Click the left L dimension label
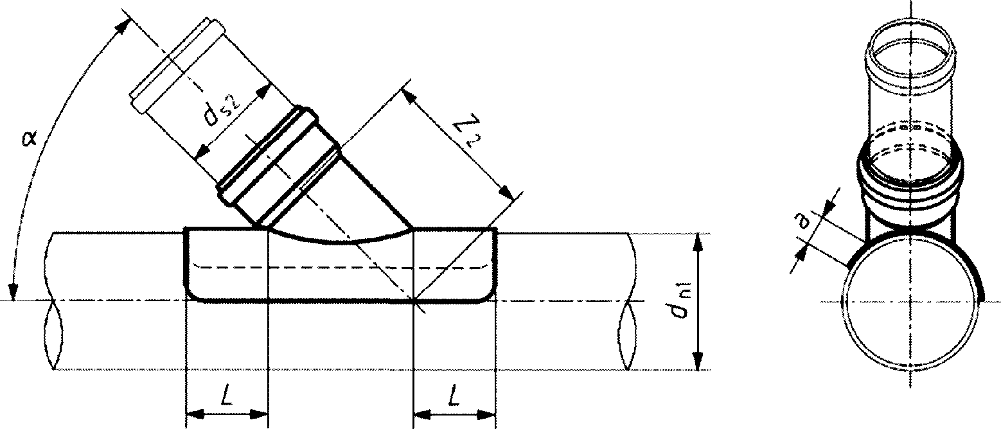point(227,394)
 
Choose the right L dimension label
point(454,394)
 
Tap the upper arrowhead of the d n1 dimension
point(698,243)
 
